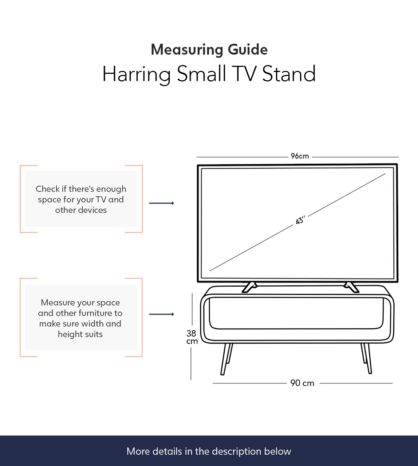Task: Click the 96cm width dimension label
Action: coord(300,156)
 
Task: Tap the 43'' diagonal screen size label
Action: coord(300,220)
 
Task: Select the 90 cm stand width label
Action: coord(302,383)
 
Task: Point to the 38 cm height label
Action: coord(192,337)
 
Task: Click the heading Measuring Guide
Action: coord(209,49)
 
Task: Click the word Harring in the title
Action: coord(137,74)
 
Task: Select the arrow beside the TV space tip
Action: coord(162,203)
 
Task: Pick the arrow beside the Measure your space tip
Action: coord(162,314)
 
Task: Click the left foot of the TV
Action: coord(249,287)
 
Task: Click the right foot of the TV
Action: coord(351,287)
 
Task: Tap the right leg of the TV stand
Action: coord(367,358)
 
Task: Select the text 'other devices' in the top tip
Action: coord(81,210)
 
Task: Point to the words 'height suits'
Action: coord(80,334)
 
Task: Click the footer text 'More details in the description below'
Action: coord(209,451)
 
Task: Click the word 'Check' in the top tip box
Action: coord(48,189)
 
